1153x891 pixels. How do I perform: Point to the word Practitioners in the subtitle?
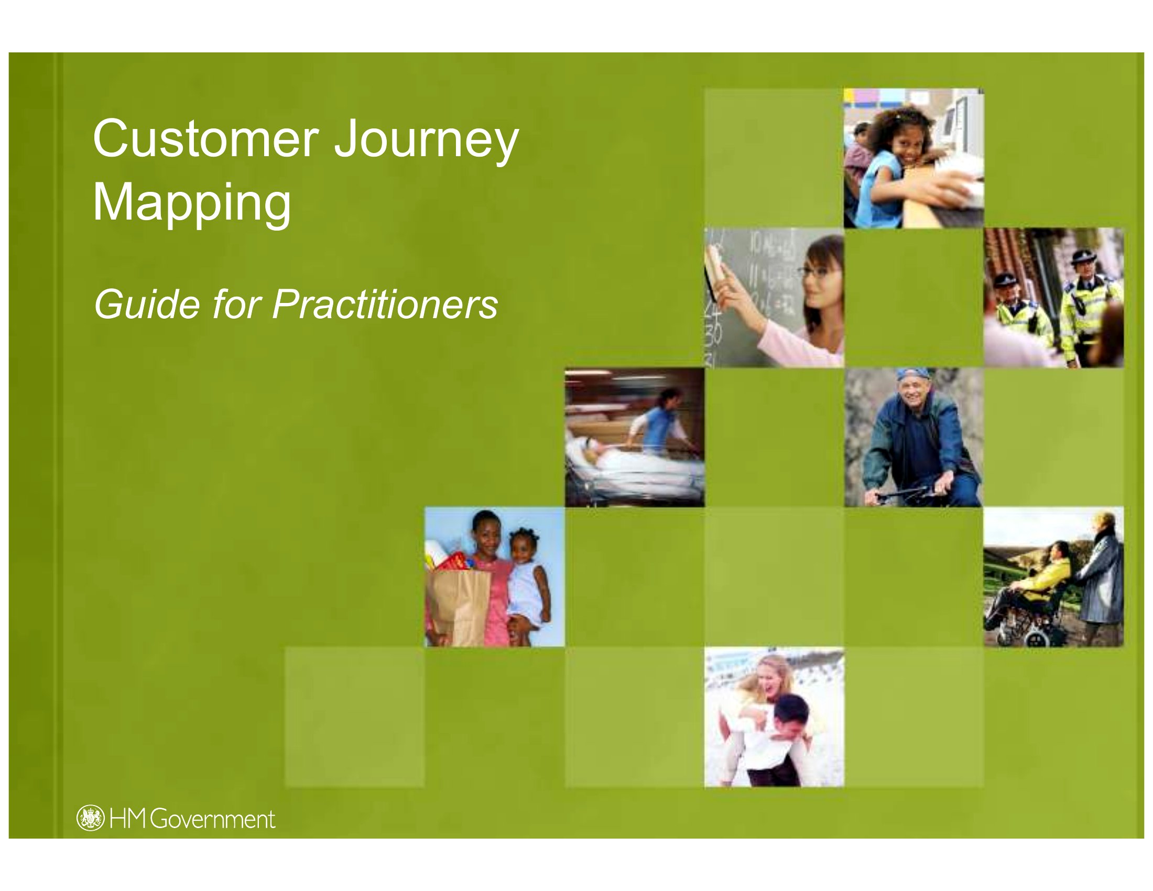coord(385,305)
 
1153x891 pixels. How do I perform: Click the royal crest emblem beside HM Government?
coord(90,818)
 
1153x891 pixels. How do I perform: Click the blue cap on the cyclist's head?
coord(913,374)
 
